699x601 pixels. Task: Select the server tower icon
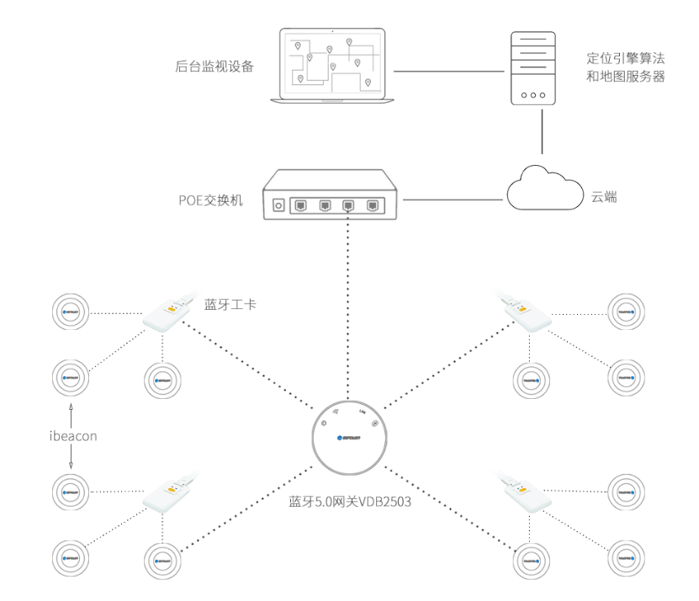[533, 68]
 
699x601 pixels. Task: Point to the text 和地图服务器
[626, 77]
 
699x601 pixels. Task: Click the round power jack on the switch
[279, 205]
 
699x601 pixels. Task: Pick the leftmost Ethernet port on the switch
[301, 204]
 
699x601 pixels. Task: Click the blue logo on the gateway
[347, 439]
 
